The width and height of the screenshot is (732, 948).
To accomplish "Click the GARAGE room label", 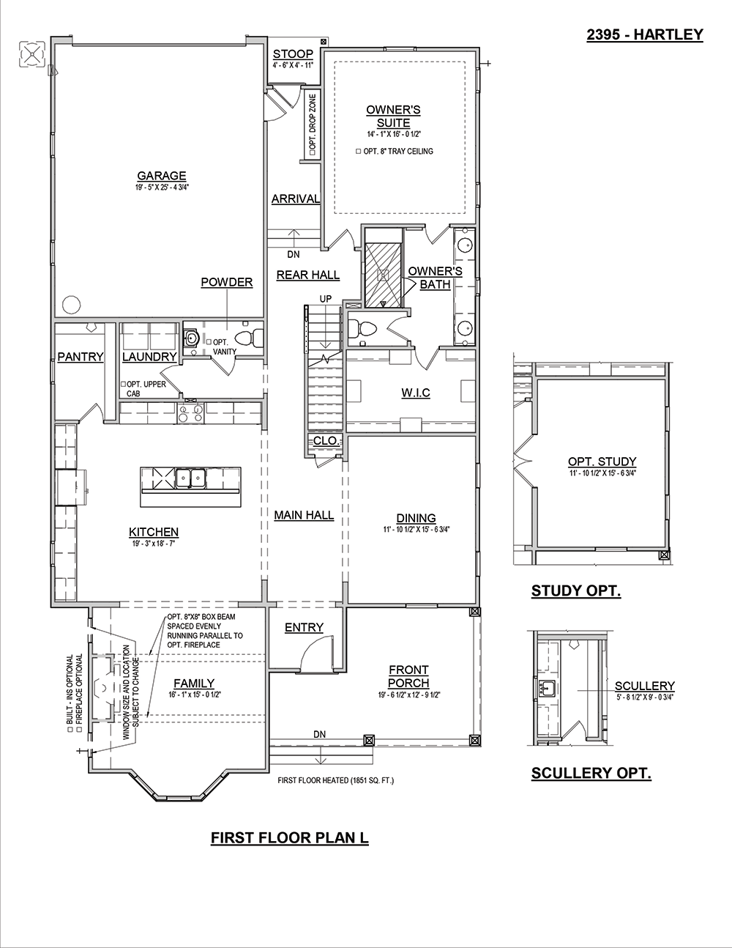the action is point(162,176).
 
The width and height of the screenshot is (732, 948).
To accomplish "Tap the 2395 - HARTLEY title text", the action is point(645,34).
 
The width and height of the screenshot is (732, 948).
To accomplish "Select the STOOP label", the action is point(294,54).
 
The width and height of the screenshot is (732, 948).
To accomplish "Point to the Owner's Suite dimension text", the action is point(393,134).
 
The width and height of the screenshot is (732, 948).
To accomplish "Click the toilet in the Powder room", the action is point(249,338).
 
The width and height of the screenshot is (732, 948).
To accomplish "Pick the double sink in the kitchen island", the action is point(191,478).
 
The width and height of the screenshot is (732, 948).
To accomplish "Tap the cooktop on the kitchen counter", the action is point(190,413).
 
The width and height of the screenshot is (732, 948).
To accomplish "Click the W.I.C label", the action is point(415,393).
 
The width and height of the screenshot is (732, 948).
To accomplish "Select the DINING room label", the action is point(416,518).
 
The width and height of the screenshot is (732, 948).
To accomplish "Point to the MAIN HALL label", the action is point(304,515).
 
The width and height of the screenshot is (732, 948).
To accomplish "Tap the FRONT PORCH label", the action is point(408,676).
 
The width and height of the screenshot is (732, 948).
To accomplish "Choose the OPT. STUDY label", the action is point(602,462).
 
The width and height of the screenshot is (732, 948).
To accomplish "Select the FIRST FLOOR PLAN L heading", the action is point(290,837).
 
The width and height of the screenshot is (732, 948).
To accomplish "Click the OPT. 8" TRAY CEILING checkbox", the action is point(359,152).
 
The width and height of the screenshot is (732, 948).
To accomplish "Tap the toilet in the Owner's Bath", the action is point(362,329).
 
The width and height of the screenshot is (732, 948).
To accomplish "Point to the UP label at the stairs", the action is point(326,299).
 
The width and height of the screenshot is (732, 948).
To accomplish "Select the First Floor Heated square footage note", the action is point(335,780).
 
